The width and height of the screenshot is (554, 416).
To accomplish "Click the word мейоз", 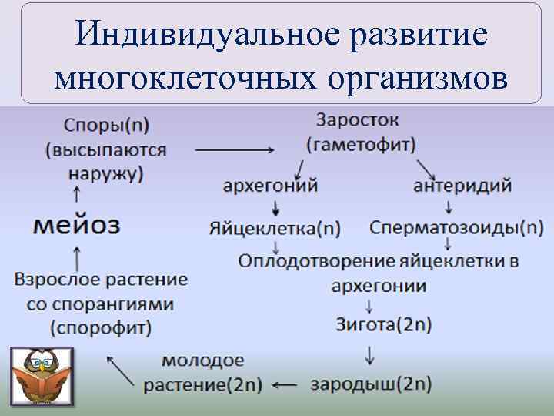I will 77,226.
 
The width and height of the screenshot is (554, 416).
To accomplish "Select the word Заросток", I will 357,121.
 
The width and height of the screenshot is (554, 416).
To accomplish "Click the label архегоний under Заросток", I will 270,186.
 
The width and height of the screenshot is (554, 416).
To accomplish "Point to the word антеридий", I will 462,186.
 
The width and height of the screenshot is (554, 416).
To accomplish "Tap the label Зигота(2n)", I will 383,324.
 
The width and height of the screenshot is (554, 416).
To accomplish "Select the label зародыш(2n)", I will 371,384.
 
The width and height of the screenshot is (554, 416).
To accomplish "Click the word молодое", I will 203,360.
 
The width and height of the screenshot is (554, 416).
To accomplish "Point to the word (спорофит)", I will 101,327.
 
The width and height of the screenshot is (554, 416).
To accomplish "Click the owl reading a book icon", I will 42,377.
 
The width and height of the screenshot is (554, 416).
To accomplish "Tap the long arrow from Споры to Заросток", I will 229,149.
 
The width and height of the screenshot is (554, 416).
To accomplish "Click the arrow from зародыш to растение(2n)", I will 285,384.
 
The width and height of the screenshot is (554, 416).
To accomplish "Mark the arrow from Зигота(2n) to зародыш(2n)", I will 370,354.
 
